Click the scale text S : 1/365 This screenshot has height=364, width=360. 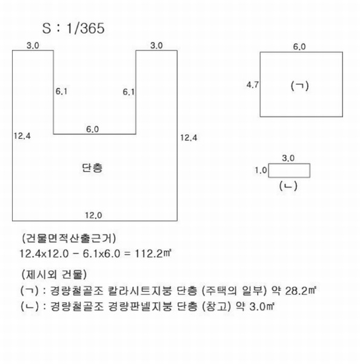73,29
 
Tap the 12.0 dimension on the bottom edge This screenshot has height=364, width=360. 93,215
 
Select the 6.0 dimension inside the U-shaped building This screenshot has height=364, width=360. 93,129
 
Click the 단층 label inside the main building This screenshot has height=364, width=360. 92,167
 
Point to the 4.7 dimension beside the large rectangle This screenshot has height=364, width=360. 252,85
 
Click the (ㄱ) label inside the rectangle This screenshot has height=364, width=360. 299,86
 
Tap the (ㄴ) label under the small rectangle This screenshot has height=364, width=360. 288,186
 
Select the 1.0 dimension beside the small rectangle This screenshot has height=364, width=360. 261,170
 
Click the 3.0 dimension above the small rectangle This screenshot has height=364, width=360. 288,158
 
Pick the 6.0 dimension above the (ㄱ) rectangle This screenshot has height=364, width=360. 299,47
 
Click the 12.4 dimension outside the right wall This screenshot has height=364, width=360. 188,138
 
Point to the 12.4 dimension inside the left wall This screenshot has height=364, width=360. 22,136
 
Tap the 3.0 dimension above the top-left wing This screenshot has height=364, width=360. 33,45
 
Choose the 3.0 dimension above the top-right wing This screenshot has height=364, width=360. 156,45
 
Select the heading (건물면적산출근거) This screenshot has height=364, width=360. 69,238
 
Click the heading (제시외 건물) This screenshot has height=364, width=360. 54,274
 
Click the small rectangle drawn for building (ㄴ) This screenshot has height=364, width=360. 289,164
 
